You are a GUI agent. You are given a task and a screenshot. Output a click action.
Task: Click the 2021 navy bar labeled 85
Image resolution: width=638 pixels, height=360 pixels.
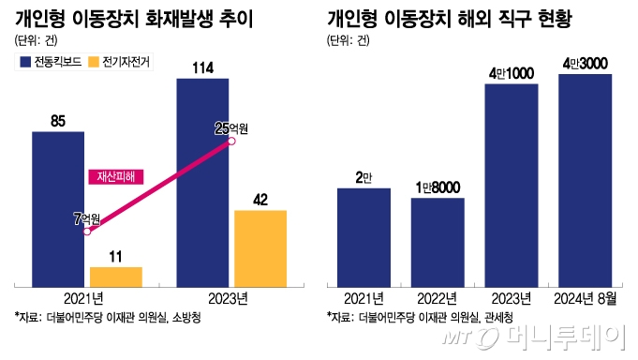(x=58, y=207)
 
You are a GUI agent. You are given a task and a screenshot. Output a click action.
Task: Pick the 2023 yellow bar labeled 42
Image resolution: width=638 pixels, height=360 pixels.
(x=260, y=247)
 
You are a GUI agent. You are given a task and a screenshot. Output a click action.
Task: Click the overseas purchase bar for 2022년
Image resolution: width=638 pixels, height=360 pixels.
(x=438, y=241)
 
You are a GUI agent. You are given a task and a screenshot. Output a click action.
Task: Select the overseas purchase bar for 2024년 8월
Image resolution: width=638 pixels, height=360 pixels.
(x=585, y=179)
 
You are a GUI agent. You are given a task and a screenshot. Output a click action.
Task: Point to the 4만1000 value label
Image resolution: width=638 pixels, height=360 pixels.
(x=512, y=72)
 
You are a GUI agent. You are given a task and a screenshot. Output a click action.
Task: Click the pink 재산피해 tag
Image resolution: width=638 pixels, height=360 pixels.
(x=117, y=175)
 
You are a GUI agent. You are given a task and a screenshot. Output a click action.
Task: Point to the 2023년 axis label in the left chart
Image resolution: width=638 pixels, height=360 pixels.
(x=231, y=299)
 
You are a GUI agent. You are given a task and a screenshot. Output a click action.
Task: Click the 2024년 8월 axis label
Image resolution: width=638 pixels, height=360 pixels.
(x=585, y=299)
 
